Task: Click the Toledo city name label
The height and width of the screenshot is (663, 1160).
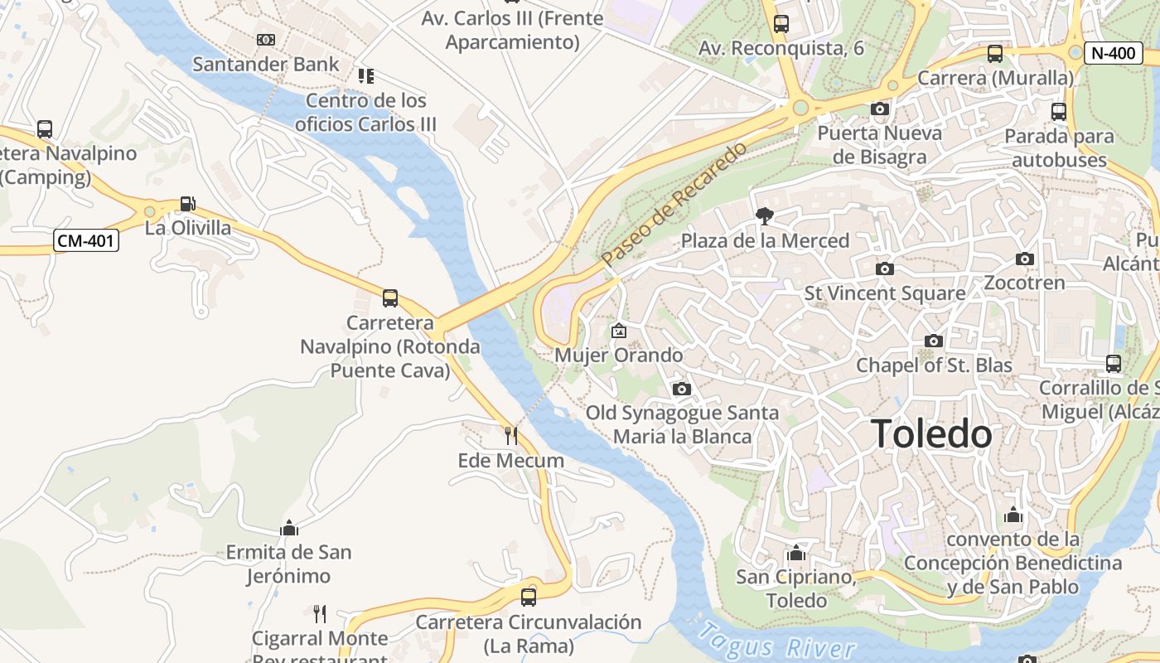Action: (x=931, y=434)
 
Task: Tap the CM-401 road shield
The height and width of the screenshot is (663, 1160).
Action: (x=86, y=241)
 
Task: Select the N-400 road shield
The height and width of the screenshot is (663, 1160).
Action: (x=1113, y=53)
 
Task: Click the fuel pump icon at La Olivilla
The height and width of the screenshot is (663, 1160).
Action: (x=188, y=204)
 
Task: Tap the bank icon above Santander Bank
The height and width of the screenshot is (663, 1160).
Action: (x=266, y=40)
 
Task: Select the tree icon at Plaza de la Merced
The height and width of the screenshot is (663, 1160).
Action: (x=765, y=216)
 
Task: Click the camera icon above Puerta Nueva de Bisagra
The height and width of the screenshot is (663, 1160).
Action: (x=880, y=109)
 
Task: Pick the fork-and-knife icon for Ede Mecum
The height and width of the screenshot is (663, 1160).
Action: (x=510, y=435)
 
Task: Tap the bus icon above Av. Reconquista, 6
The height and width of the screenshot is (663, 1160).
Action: (x=781, y=24)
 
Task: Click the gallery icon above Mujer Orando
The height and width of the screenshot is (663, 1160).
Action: (x=618, y=331)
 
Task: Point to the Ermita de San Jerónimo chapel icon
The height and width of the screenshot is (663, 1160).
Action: (x=289, y=528)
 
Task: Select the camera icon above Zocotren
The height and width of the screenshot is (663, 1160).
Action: (x=1025, y=259)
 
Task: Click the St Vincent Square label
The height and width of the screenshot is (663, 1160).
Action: (x=885, y=293)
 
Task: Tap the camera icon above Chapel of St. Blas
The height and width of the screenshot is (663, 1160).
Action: (x=934, y=341)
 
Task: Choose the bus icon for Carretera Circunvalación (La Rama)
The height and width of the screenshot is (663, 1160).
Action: (x=528, y=597)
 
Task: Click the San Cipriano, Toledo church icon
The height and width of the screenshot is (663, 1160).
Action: (x=796, y=553)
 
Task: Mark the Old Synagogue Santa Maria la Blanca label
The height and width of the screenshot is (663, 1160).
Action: (x=683, y=424)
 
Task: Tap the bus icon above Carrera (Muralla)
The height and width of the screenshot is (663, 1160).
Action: (x=995, y=54)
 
